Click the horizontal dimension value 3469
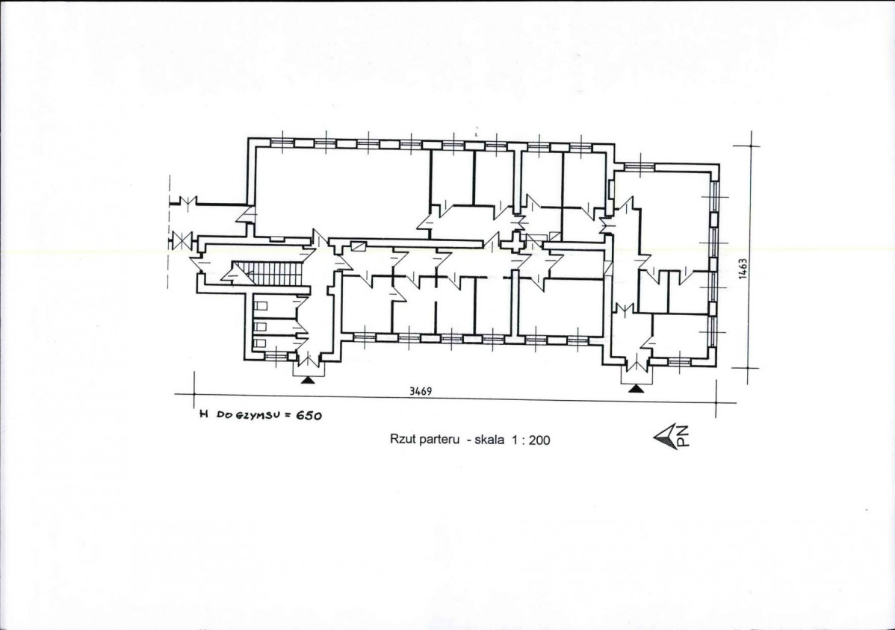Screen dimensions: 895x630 pyautogui.click(x=420, y=391)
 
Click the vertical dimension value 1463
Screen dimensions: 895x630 pyautogui.click(x=742, y=269)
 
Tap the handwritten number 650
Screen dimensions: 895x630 pyautogui.click(x=309, y=416)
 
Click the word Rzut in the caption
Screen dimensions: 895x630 pyautogui.click(x=402, y=439)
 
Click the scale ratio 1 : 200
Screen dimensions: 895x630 pyautogui.click(x=531, y=440)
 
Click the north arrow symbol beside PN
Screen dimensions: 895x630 pyautogui.click(x=665, y=437)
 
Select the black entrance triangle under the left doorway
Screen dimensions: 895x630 pyautogui.click(x=308, y=379)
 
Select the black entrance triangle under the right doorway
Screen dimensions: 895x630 pyautogui.click(x=636, y=389)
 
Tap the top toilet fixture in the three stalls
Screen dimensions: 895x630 pyautogui.click(x=260, y=305)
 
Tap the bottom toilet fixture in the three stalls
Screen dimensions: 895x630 pyautogui.click(x=260, y=343)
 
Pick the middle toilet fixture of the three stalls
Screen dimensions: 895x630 pyautogui.click(x=260, y=326)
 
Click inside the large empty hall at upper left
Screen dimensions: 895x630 pyautogui.click(x=341, y=192)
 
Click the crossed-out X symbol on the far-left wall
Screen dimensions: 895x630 pyautogui.click(x=182, y=240)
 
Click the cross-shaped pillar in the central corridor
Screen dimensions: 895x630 pyautogui.click(x=517, y=242)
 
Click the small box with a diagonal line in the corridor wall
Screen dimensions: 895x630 pyautogui.click(x=359, y=246)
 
